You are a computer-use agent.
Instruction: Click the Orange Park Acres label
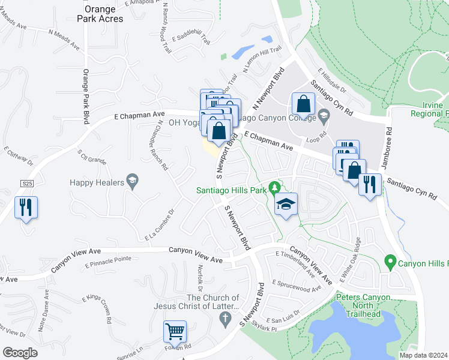[x=104, y=14]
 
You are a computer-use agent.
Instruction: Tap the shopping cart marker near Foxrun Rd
[x=175, y=331]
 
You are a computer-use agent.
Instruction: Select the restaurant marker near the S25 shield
[x=26, y=208]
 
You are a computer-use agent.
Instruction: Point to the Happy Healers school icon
[x=131, y=181]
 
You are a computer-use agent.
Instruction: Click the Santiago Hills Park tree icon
[x=274, y=188]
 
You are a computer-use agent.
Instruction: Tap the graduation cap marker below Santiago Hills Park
[x=286, y=205]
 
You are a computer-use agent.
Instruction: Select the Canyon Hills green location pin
[x=390, y=262]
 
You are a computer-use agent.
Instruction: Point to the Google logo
[x=20, y=353]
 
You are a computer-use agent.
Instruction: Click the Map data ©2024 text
[x=423, y=355]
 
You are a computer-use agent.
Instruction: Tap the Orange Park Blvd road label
[x=86, y=96]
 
